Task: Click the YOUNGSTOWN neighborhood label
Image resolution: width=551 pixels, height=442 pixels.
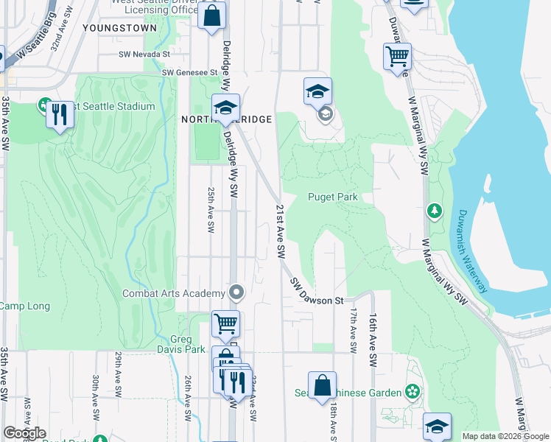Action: (x=120, y=27)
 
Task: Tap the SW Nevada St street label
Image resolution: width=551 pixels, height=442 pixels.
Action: (x=144, y=55)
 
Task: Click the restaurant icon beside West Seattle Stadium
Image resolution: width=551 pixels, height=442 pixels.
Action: (x=60, y=115)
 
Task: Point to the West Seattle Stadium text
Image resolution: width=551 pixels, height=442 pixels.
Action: (x=111, y=107)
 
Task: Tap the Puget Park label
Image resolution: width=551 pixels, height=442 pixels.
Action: (x=332, y=197)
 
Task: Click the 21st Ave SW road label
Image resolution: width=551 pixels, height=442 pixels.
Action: (x=280, y=231)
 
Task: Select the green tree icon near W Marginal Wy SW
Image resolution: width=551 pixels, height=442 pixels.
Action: (x=435, y=212)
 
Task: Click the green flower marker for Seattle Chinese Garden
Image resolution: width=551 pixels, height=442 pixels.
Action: (x=413, y=392)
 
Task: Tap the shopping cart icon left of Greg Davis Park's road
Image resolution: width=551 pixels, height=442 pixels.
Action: (x=225, y=323)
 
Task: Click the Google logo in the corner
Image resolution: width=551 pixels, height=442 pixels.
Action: (x=24, y=433)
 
